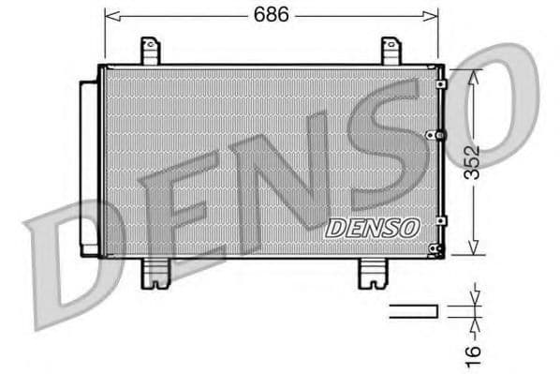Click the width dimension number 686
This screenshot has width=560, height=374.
coord(270,15)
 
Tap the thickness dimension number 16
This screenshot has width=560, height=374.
coord(474,352)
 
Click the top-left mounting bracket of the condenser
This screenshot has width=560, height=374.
coord(151,51)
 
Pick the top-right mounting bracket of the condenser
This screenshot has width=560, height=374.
coord(391,51)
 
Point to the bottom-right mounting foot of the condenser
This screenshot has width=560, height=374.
coord(373,273)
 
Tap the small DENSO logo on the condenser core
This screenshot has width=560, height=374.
coord(372,227)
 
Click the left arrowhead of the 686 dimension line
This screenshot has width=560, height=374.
coord(109,15)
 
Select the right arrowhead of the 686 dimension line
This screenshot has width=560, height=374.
coord(433,15)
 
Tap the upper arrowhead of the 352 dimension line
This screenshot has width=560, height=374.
coord(475,73)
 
